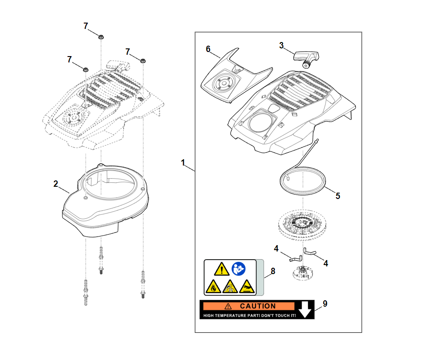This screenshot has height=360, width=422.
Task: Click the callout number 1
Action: pos(183,162)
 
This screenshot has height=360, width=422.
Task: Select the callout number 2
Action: pos(56,184)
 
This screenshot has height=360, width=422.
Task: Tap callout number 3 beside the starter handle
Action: pos(282,46)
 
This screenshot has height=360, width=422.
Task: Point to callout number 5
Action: pos(338,196)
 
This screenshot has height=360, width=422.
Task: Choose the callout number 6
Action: pos(208,49)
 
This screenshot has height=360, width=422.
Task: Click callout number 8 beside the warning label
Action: pos(273,271)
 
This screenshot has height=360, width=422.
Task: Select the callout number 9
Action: pos(324,303)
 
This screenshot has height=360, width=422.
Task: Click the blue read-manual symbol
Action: pos(238,270)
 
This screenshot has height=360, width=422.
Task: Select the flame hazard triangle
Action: pos(212,287)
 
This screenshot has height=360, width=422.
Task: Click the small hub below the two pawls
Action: pos(301,273)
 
